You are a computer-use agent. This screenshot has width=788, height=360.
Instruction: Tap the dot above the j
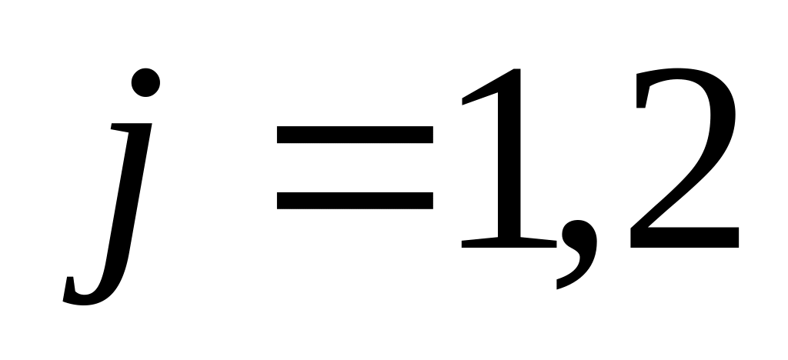145,82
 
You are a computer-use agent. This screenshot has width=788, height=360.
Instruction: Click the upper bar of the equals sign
354,136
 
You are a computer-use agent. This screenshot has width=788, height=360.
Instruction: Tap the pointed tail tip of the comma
559,286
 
